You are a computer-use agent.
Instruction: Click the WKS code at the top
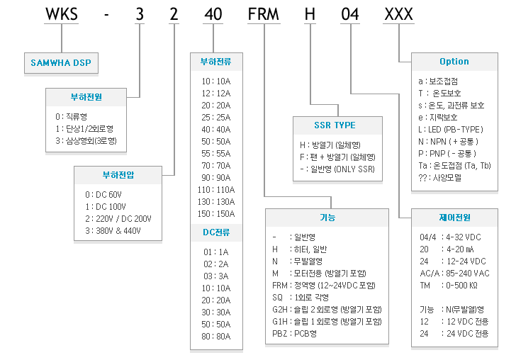[x=62, y=14]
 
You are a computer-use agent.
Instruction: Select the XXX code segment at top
[x=398, y=14]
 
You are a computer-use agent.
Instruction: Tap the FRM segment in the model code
[x=263, y=14]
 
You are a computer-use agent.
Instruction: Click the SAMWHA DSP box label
[x=61, y=63]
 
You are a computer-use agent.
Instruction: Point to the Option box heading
[x=454, y=62]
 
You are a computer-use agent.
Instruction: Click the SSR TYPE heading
[x=335, y=125]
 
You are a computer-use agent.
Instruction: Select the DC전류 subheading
[x=216, y=232]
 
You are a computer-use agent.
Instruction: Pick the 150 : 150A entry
[x=216, y=214]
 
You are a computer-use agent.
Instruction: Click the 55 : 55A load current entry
[x=216, y=154]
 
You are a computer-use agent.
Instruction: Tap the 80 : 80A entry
[x=216, y=337]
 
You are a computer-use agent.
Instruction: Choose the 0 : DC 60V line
[x=103, y=195]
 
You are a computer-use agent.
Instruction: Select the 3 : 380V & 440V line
[x=113, y=231]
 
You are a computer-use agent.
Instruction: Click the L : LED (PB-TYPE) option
[x=451, y=130]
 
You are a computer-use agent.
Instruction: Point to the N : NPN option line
[x=448, y=142]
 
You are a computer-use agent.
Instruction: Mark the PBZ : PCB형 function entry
[x=295, y=334]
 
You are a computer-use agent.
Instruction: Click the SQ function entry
[x=301, y=298]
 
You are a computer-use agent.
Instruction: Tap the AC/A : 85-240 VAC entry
[x=454, y=274]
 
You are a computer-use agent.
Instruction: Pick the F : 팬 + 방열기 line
[x=337, y=157]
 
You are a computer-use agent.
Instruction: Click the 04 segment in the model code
[x=350, y=14]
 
